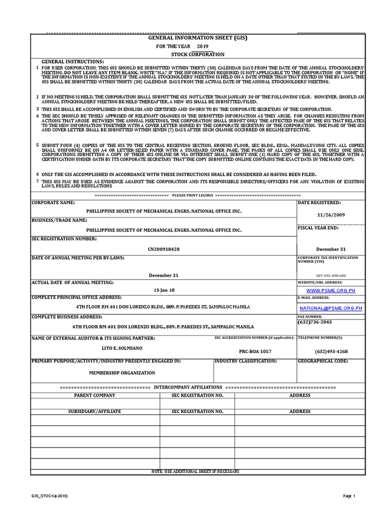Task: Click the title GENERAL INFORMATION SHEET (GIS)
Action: [198, 37]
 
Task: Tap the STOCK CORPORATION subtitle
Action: [198, 54]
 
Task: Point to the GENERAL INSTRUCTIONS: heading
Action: [73, 61]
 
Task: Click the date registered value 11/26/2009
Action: [331, 214]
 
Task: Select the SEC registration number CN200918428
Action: [164, 248]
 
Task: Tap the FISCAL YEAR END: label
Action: [318, 228]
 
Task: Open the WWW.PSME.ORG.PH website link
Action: [330, 290]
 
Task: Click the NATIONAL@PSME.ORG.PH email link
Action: [330, 308]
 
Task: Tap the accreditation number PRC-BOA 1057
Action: [255, 351]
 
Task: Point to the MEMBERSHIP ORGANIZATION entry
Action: [122, 372]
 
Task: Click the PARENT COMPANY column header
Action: [94, 395]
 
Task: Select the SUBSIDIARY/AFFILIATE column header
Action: [94, 411]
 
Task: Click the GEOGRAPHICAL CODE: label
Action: [322, 360]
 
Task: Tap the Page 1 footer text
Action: [348, 495]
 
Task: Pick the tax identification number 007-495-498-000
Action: [330, 275]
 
